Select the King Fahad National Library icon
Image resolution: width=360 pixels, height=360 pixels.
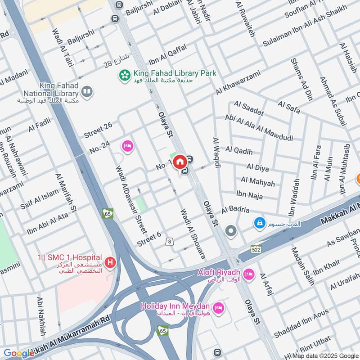tap(87, 92)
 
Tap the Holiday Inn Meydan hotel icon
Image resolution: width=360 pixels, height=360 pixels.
tap(218, 307)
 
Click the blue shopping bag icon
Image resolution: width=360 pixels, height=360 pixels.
tap(259, 222)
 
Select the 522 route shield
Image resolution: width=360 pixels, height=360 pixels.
tap(256, 249)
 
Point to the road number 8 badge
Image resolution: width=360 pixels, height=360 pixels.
tap(170, 242)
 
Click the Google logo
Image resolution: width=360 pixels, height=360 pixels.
tap(19, 353)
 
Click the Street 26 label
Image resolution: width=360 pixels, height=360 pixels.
tap(98, 130)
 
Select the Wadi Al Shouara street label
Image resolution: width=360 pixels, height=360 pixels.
tap(193, 234)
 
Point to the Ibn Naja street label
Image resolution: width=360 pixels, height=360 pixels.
tap(249, 194)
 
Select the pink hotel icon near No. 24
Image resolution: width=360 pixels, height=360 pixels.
tap(127, 146)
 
